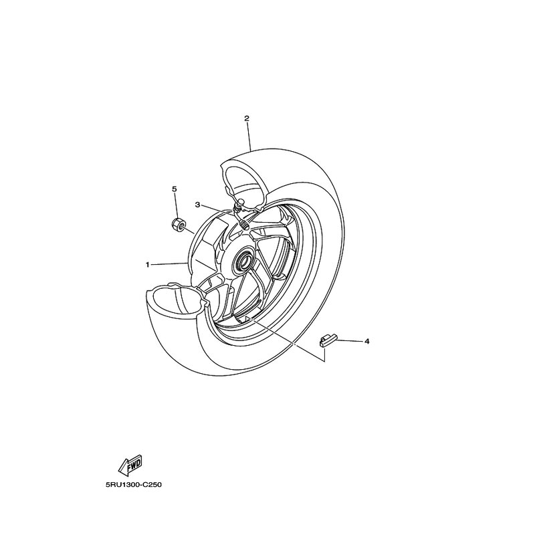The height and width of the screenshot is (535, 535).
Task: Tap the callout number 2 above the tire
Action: [247, 118]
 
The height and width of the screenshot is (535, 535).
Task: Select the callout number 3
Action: [197, 205]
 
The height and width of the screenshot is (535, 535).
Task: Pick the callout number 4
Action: [366, 341]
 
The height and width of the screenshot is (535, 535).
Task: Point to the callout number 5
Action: [175, 189]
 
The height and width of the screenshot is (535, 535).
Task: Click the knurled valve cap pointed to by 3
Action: [244, 225]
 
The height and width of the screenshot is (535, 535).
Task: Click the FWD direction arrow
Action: [130, 465]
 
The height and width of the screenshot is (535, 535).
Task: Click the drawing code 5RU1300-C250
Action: [133, 484]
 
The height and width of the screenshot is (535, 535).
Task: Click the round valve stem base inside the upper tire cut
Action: [239, 203]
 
